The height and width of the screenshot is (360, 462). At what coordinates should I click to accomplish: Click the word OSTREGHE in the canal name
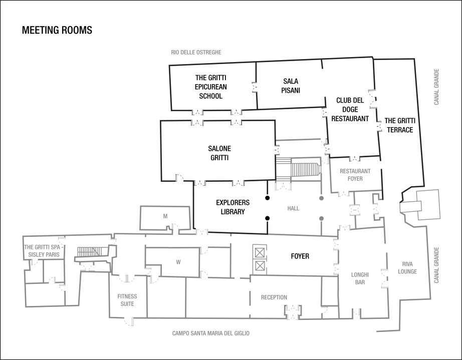pos(209,52)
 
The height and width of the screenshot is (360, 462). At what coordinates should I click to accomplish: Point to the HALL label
pos(294,208)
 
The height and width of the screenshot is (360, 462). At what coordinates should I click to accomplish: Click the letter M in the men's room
pos(165,216)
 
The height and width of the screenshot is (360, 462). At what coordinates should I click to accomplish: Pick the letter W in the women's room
pos(178,261)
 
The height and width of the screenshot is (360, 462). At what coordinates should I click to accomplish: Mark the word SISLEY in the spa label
pos(36,255)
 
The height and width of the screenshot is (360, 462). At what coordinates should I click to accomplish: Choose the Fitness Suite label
pos(127,300)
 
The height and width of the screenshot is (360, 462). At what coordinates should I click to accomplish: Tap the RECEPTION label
pos(274,297)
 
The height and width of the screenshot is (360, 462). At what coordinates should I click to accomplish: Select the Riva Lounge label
pos(407,267)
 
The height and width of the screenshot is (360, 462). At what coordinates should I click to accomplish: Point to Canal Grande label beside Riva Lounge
pos(437,265)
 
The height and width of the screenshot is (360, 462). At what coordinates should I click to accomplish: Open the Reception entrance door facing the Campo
pos(292,313)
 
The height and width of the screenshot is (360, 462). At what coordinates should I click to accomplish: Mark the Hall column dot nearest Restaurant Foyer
pos(322,199)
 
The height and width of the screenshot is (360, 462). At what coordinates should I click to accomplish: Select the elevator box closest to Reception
pos(260,266)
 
